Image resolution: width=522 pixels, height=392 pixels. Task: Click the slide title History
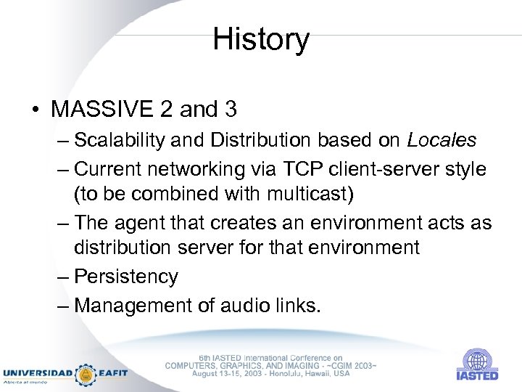pos(261,39)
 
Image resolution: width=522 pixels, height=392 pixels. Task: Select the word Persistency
pos(125,277)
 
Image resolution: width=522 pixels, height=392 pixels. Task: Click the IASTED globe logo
pos(477,360)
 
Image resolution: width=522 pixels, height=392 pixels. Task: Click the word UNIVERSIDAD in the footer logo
pos(37,373)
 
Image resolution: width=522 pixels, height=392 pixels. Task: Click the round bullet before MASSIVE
pos(35,110)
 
